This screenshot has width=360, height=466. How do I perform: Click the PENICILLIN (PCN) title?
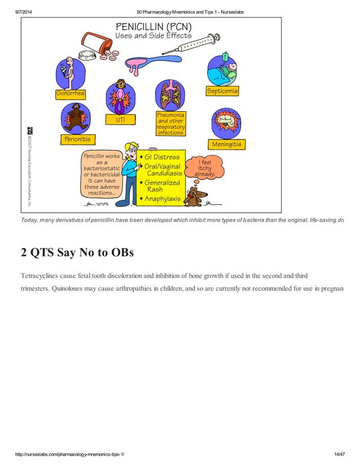point(153,27)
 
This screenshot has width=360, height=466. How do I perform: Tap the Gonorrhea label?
point(71,94)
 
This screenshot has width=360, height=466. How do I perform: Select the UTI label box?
point(120,120)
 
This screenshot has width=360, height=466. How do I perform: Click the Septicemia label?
point(222,91)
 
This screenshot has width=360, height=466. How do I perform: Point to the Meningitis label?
point(226,144)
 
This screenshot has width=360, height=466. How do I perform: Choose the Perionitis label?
point(77,138)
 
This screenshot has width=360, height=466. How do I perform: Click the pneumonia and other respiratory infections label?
point(170,124)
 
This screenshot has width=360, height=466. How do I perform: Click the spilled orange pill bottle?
point(96,42)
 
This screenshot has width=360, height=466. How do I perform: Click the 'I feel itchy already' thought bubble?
point(206,168)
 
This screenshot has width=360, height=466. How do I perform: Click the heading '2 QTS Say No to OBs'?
point(77,252)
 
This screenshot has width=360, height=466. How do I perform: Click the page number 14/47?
point(339,454)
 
